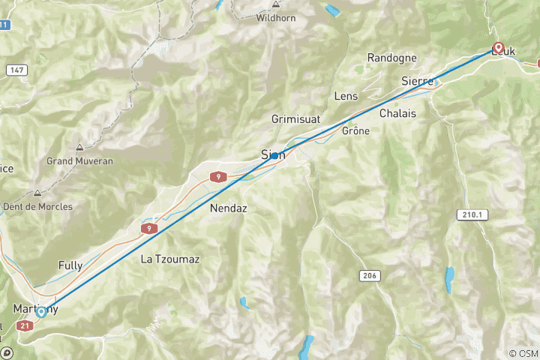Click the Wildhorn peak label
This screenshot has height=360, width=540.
click(276, 17)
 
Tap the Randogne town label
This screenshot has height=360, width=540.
click(392, 58)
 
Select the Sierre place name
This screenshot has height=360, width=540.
click(418, 80)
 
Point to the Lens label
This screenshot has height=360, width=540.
click(346, 96)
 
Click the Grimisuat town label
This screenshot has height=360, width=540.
click(295, 119)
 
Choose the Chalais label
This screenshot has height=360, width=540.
click(397, 113)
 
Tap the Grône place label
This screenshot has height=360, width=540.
click(356, 130)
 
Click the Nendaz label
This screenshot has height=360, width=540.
click(229, 208)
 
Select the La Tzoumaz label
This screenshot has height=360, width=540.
click(170, 259)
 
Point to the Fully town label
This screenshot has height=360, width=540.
click(70, 265)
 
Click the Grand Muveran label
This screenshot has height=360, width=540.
click(80, 160)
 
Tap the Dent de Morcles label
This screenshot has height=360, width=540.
click(37, 206)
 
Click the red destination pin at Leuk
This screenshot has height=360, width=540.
click(498, 46)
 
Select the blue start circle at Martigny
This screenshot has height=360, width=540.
click(42, 312)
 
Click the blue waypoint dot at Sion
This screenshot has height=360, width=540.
click(275, 154)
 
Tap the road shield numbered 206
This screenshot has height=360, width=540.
click(367, 276)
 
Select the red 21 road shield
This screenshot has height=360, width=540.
click(25, 325)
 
